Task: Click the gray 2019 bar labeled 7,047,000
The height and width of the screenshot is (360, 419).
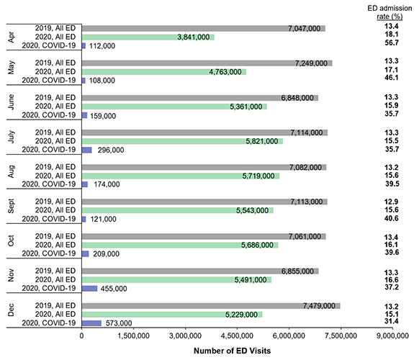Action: coord(204,28)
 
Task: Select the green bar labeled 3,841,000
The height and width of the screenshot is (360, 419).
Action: coord(148,37)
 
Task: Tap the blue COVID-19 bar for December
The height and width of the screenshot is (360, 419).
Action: coord(92,323)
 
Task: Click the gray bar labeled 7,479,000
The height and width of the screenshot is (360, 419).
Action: coord(211,305)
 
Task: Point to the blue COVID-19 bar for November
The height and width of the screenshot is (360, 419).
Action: coord(90,288)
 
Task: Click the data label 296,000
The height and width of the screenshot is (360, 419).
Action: coord(111,150)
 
